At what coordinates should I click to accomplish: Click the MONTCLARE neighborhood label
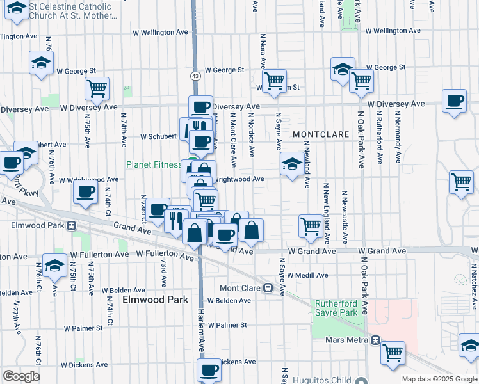321,135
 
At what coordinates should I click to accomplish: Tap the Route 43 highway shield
194,76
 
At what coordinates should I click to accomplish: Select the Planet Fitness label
153,164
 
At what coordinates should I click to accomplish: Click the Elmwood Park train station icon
71,226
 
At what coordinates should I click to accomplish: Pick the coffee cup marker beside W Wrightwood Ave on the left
85,191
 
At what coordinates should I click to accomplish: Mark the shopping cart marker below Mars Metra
393,352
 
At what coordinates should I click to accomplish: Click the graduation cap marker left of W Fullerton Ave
54,265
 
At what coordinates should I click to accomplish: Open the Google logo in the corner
21,376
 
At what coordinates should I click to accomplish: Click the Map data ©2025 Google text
439,380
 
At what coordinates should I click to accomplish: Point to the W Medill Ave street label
307,275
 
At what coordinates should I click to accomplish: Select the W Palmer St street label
227,325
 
